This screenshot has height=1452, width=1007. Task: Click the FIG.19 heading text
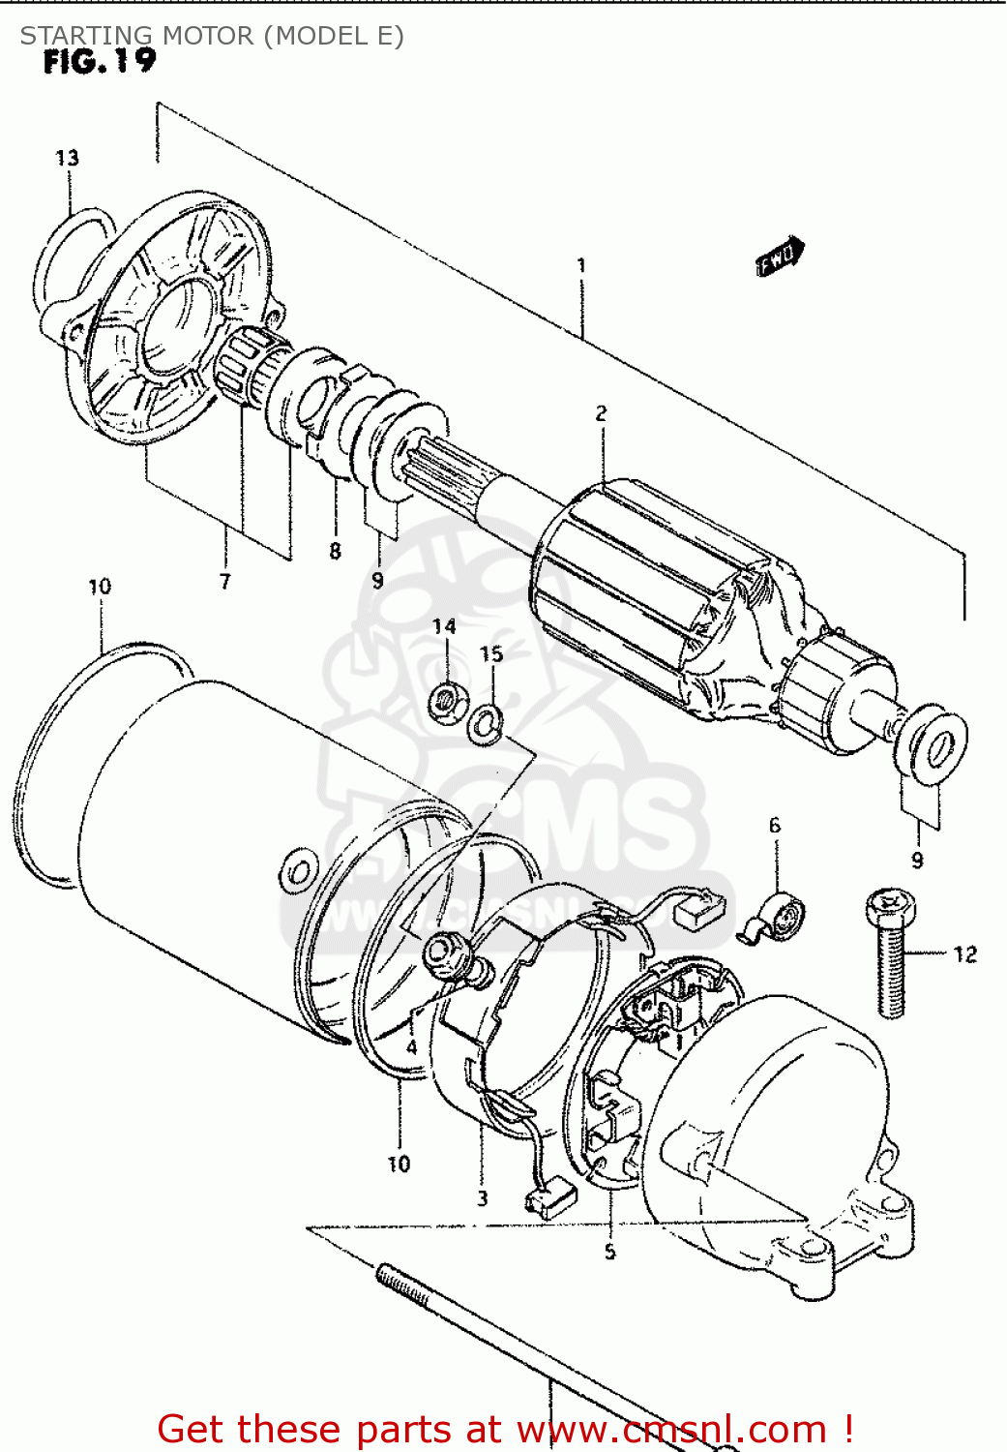99,61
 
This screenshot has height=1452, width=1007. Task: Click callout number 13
67,158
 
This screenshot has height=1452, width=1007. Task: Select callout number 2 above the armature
601,413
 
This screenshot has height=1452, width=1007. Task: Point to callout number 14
444,626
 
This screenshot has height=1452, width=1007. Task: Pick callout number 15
491,654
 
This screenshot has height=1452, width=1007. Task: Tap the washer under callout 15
485,722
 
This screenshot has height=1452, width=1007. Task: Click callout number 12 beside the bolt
964,954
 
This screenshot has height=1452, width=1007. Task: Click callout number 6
774,826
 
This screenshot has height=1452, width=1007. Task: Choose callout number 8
335,551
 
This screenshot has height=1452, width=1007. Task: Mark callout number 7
225,581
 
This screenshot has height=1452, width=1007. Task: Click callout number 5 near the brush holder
609,1252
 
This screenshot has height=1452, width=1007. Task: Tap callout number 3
482,1198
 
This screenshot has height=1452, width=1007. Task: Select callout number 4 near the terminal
412,1047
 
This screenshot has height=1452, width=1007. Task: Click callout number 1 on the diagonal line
581,264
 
